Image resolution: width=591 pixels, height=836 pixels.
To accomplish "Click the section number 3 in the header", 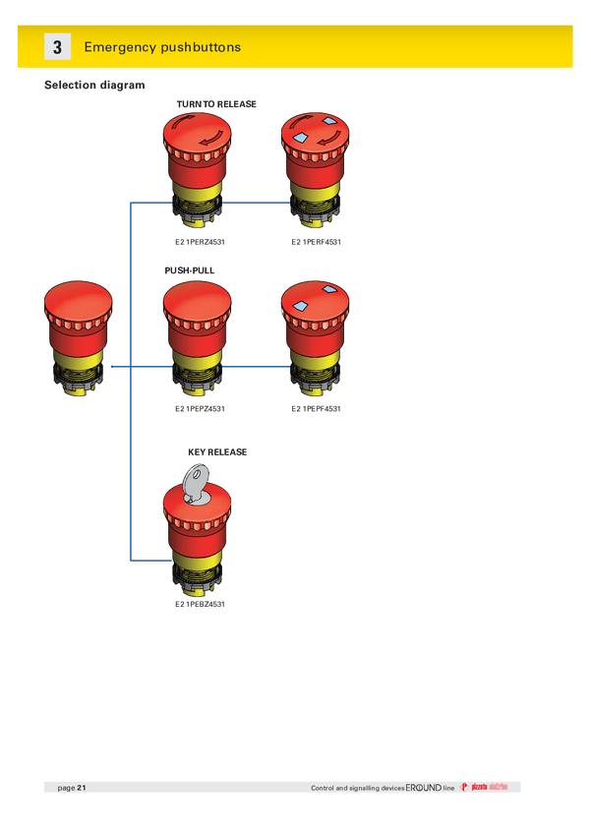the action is coord(57,47).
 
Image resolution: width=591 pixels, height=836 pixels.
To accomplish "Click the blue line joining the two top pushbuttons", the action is coord(256,204).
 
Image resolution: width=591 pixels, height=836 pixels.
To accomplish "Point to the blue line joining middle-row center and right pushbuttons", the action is coord(256,366).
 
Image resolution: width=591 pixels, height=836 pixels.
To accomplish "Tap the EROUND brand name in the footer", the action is coord(424,788).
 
